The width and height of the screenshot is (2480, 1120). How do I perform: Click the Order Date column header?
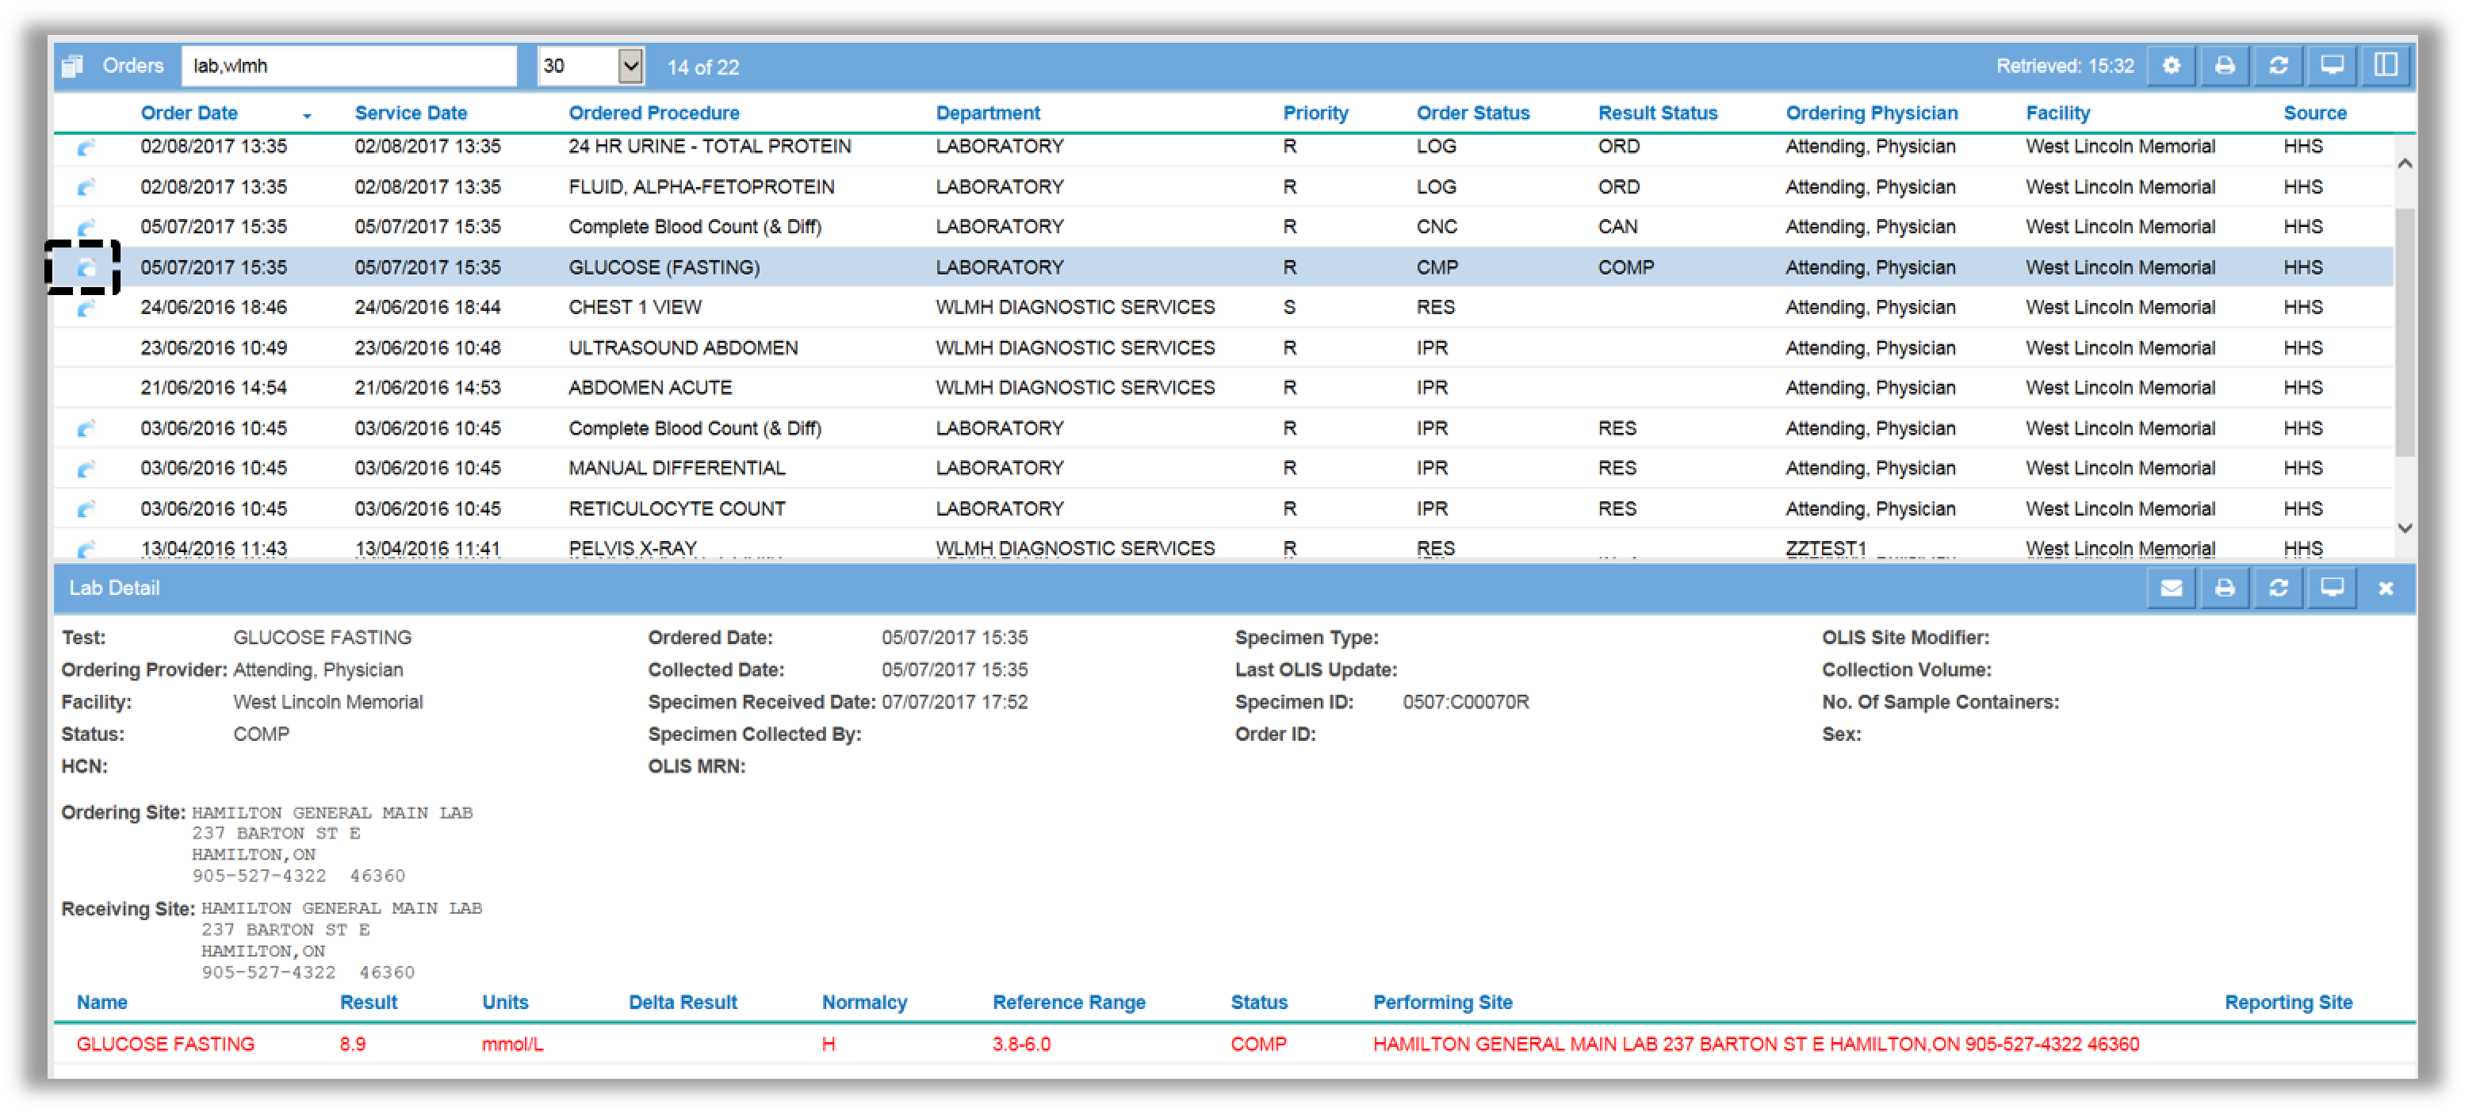click(x=189, y=113)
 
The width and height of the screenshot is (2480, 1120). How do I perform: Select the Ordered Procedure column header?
click(x=653, y=113)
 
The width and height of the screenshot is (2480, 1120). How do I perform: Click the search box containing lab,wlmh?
click(x=349, y=67)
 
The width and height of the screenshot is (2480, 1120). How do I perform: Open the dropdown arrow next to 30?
click(x=630, y=67)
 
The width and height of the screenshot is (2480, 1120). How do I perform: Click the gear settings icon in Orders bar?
click(x=2171, y=66)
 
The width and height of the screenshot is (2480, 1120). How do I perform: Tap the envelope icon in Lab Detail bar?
click(x=2171, y=589)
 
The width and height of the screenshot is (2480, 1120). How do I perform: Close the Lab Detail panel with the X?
click(x=2386, y=589)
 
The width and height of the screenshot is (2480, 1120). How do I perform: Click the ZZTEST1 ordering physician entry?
click(x=1827, y=549)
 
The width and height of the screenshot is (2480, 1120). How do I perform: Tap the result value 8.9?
click(x=352, y=1045)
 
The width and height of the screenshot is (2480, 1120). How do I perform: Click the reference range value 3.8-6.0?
click(x=1021, y=1045)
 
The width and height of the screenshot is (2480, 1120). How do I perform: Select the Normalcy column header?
click(x=864, y=1003)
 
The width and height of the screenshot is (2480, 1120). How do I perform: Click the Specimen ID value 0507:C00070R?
click(x=1465, y=703)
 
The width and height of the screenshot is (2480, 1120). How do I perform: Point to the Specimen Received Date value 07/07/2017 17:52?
click(x=955, y=703)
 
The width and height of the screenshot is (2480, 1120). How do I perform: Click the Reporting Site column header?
click(x=2288, y=1003)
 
